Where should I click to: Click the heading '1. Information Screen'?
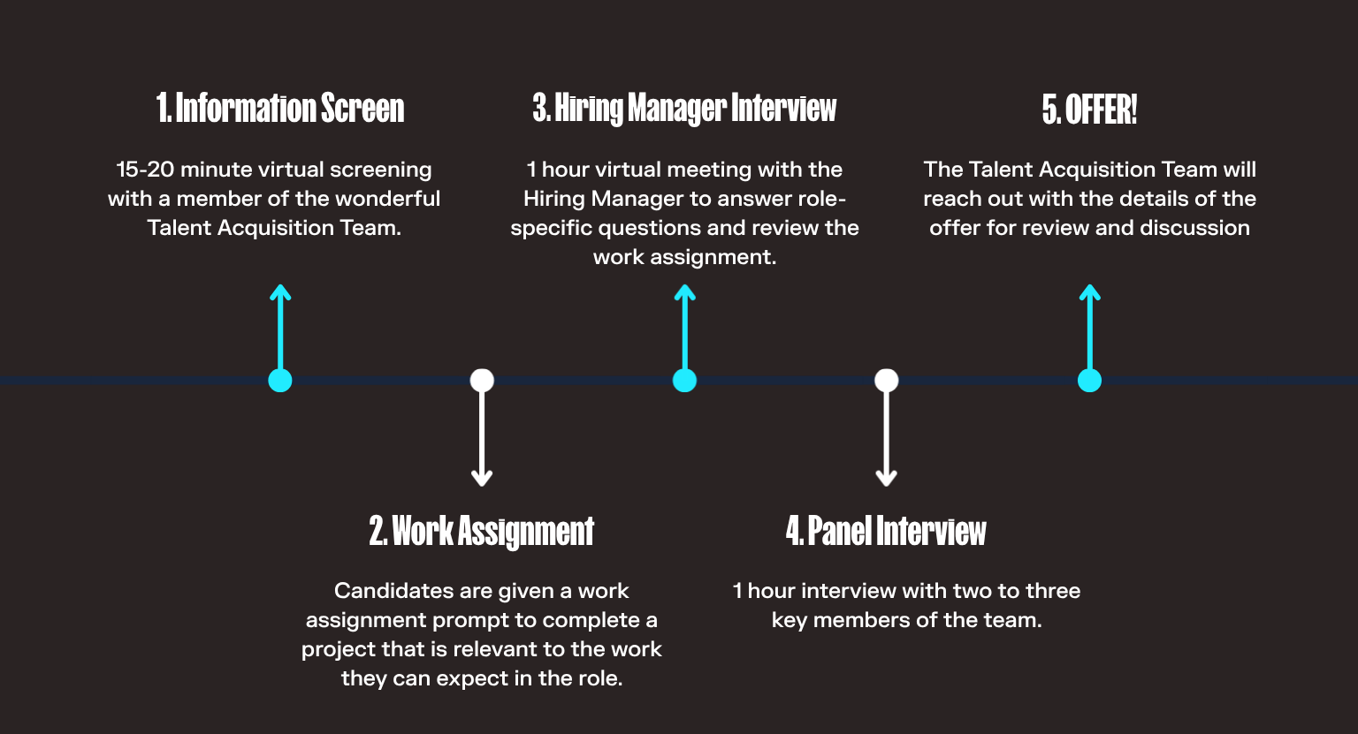point(280,109)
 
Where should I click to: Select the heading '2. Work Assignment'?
point(481,532)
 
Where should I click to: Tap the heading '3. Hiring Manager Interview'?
point(684,109)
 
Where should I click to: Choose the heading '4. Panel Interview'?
point(886,532)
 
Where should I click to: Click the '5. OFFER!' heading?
point(1089,110)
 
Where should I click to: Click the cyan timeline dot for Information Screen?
point(280,381)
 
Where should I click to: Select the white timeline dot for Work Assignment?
point(482,381)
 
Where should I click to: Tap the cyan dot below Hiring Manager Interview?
point(684,381)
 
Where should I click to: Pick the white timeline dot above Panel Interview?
point(887,381)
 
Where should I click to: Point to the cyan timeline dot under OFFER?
point(1089,381)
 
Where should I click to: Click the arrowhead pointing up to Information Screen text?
point(280,292)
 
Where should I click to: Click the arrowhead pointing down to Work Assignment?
point(482,478)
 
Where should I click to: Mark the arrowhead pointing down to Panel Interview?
point(887,478)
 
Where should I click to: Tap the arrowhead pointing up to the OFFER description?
point(1089,292)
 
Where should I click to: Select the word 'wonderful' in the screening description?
point(392,199)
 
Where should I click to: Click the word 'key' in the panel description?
point(789,621)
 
